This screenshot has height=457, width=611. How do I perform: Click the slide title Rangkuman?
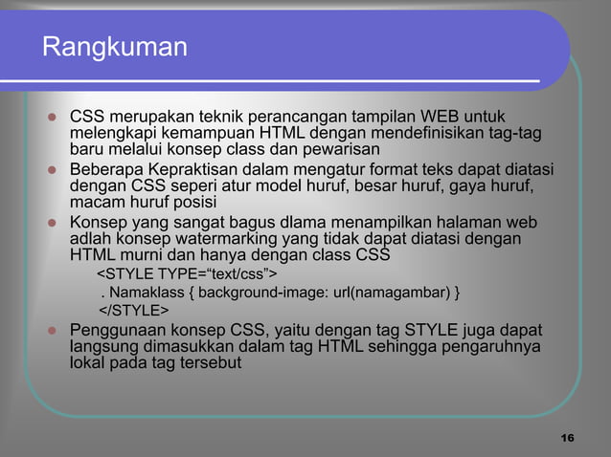[114, 46]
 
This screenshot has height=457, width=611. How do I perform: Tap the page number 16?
[566, 438]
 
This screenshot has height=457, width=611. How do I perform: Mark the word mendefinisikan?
[386, 133]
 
